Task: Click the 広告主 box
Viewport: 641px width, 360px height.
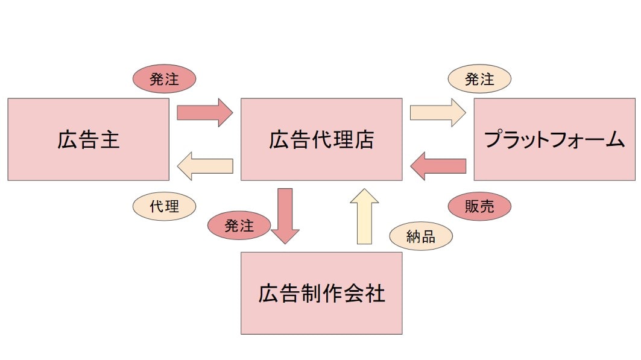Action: [88, 139]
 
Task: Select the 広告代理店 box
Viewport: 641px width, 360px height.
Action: [321, 139]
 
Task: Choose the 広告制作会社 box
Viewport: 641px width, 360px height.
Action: [321, 293]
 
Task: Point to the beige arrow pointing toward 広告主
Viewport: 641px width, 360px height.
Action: [205, 166]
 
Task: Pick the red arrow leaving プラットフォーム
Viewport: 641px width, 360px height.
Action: [438, 166]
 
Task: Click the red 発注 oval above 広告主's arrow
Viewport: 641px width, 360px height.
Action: [164, 79]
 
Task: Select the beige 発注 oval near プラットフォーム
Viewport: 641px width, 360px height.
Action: [480, 79]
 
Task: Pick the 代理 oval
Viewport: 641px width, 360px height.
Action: [165, 206]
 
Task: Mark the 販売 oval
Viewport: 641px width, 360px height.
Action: [480, 206]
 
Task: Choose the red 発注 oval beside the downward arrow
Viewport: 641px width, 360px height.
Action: [239, 226]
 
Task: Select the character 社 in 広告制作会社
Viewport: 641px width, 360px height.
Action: [374, 294]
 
